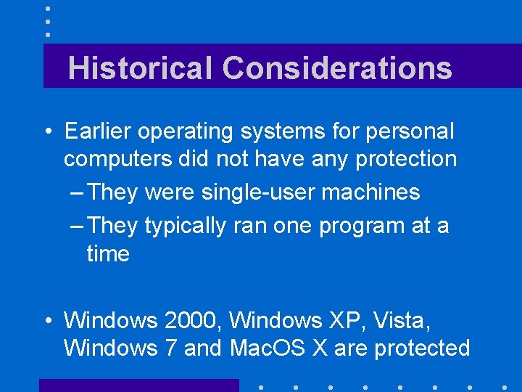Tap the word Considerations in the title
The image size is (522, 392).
[337, 68]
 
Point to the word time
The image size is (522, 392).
[108, 254]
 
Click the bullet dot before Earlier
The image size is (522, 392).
[47, 133]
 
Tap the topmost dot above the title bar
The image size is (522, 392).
[48, 8]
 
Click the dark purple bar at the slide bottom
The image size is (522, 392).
[138, 385]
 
